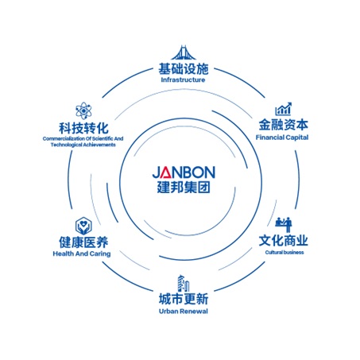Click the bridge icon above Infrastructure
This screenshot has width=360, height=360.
coord(184,52)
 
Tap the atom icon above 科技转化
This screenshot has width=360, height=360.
coord(83,110)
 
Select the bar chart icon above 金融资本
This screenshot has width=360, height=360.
coord(284,109)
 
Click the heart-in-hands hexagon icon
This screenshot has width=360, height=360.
coord(83,226)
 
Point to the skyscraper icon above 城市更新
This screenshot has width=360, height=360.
coord(184,283)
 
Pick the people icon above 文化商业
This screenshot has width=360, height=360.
coord(284,225)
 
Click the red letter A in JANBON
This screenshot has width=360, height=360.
coord(167,172)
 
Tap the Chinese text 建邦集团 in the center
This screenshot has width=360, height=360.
coord(184,187)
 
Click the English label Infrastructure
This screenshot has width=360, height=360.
coord(183,79)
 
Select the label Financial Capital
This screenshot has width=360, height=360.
coord(282,137)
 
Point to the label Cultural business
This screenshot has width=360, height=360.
coord(285,252)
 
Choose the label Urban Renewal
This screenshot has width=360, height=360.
coord(184,312)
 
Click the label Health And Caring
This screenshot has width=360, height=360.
coord(82,254)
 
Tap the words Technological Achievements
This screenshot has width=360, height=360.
coord(83,145)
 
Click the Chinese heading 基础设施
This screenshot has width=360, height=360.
coord(184,69)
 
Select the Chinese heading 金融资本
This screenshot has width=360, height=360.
coord(284,125)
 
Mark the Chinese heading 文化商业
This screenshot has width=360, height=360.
coord(284,241)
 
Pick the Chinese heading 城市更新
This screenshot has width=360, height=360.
coord(184,299)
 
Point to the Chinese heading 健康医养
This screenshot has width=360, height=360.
coord(83,242)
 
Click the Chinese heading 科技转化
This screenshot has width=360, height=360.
coord(83,129)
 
